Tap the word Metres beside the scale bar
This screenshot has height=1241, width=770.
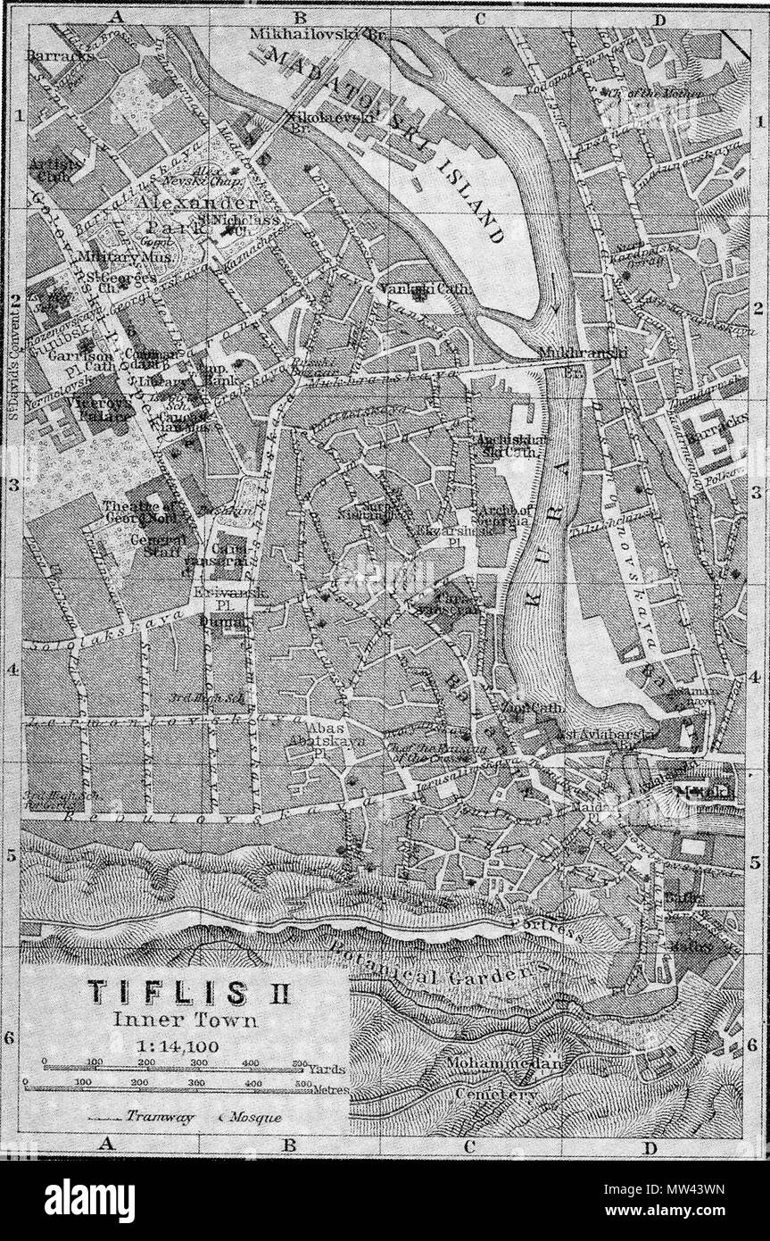(x=331, y=1090)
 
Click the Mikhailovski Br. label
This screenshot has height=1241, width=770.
(x=317, y=35)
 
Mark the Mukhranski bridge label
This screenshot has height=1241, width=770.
(x=584, y=354)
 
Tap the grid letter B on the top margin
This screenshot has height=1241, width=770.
(x=301, y=15)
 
